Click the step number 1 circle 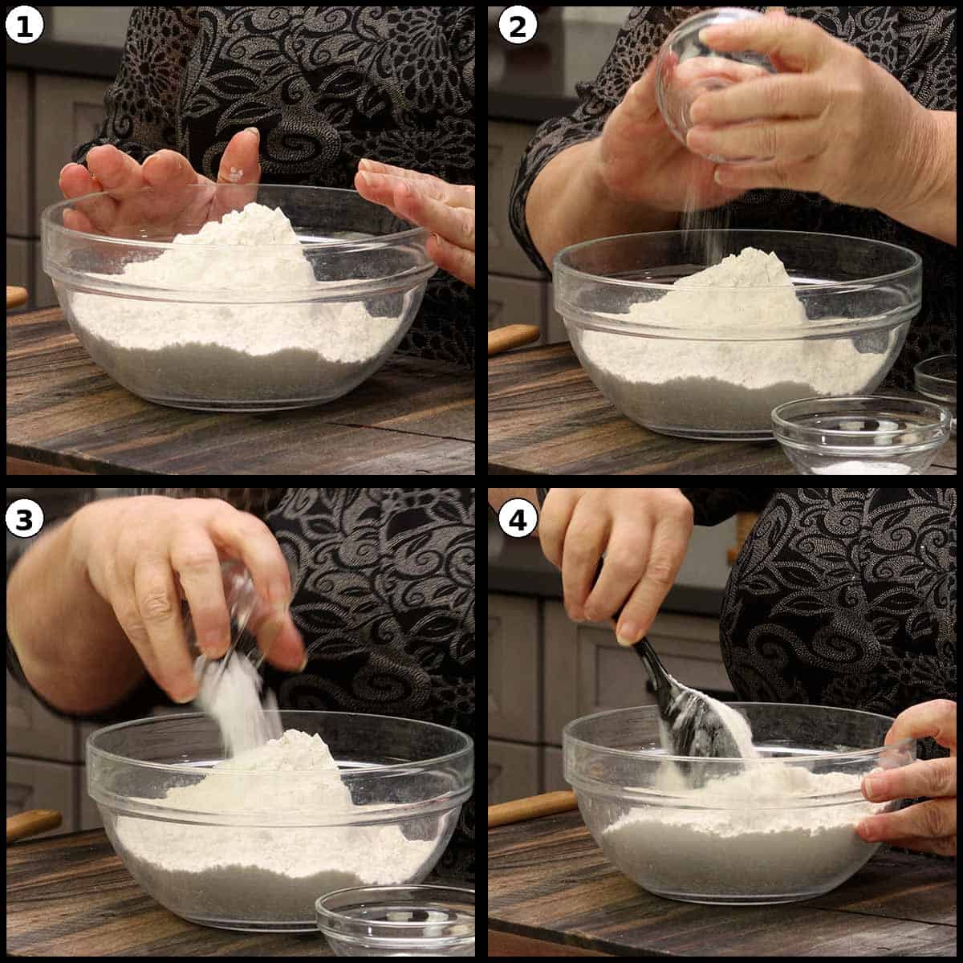pos(25,26)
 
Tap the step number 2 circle pos(518,26)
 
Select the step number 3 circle pos(25,519)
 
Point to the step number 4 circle pos(518,519)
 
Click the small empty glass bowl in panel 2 pos(861,433)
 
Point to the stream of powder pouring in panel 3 pos(237,706)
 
